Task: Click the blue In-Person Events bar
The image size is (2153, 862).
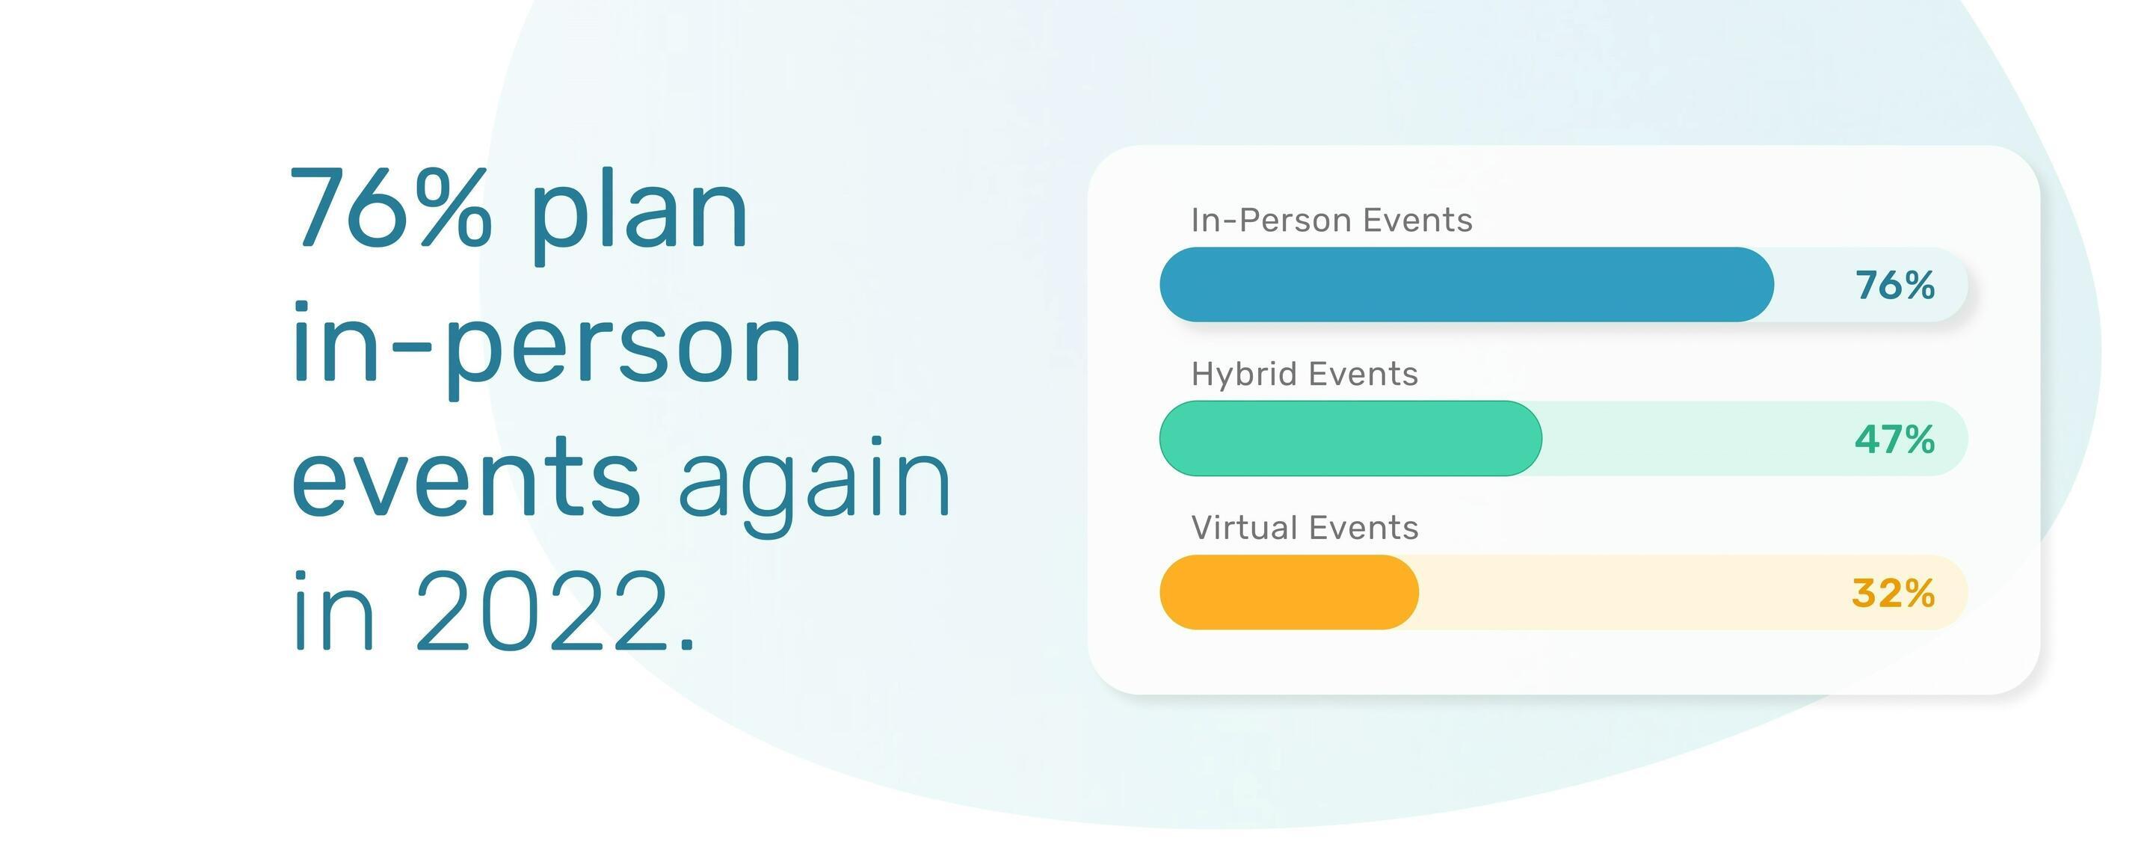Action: pyautogui.click(x=1466, y=284)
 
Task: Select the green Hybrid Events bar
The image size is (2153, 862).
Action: pyautogui.click(x=1351, y=438)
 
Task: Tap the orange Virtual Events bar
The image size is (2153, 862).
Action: pyautogui.click(x=1289, y=592)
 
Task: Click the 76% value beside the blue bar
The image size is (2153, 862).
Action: pyautogui.click(x=1895, y=285)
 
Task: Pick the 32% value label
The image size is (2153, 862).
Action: pyautogui.click(x=1893, y=593)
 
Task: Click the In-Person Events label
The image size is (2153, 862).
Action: pyautogui.click(x=1331, y=220)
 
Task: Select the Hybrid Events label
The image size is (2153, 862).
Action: pyautogui.click(x=1305, y=374)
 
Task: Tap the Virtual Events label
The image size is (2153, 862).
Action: pyautogui.click(x=1305, y=528)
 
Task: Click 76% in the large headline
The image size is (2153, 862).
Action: pyautogui.click(x=391, y=206)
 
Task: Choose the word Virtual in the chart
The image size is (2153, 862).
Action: pyautogui.click(x=1245, y=528)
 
